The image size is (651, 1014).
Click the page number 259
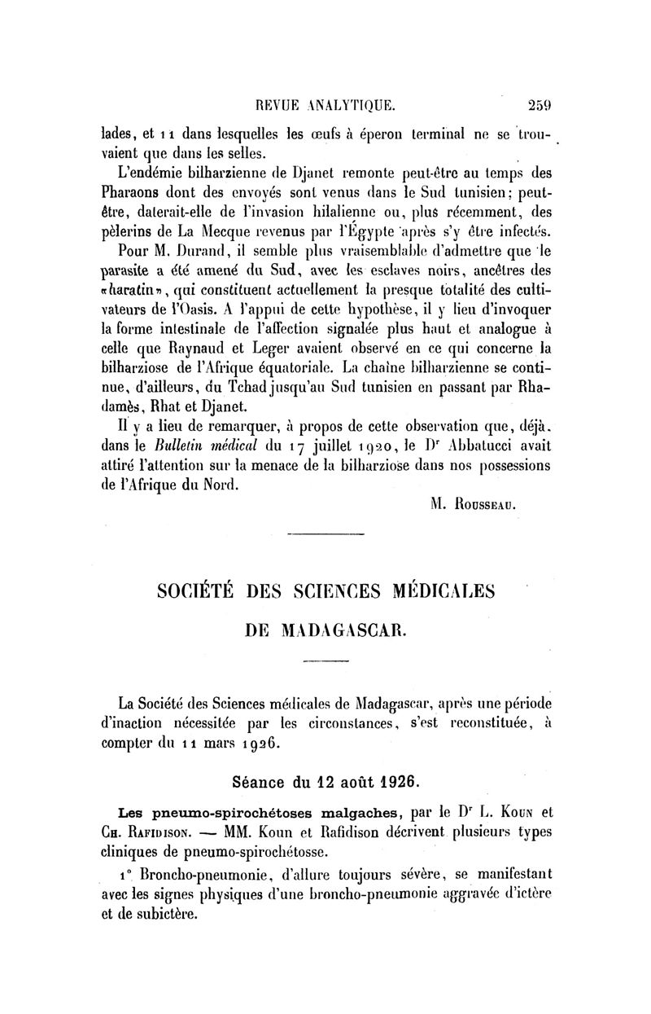(540, 103)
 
